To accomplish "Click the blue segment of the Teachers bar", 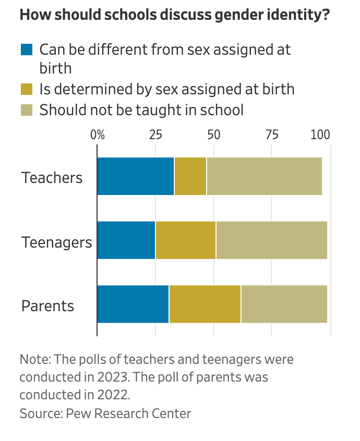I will click(136, 176).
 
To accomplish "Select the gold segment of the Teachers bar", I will click(190, 176).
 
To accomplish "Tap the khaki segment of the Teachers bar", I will click(264, 176).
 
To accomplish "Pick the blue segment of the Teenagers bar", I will click(126, 240).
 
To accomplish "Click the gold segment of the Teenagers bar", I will click(186, 240).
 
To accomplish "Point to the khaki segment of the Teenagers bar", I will click(271, 240).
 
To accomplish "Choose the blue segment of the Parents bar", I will click(133, 304).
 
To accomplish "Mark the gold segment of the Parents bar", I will click(205, 304).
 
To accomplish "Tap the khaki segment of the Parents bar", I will click(284, 304).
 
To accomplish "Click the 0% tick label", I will click(98, 134).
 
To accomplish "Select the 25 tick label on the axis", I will click(155, 134).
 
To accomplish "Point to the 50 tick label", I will click(213, 134).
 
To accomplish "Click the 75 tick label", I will click(271, 134).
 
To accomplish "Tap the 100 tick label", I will click(320, 134).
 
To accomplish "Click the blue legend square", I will click(27, 50).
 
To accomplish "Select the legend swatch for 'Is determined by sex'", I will click(27, 89).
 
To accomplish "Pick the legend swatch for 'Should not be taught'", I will click(27, 110).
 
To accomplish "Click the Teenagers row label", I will click(56, 242).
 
